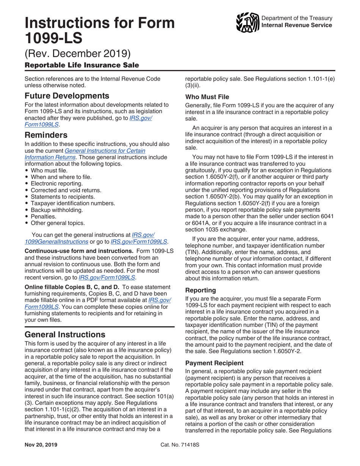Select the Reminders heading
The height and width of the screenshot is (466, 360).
click(x=46, y=135)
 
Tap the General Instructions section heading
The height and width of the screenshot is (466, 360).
click(x=65, y=335)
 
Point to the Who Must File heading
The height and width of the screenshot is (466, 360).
click(x=207, y=97)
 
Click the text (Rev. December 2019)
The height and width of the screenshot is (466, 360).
click(x=78, y=52)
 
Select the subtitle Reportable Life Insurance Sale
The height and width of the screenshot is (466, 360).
click(x=81, y=65)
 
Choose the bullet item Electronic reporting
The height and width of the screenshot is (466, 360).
click(x=58, y=183)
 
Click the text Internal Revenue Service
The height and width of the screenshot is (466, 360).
click(x=297, y=25)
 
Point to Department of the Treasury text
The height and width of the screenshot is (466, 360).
click(x=297, y=18)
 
